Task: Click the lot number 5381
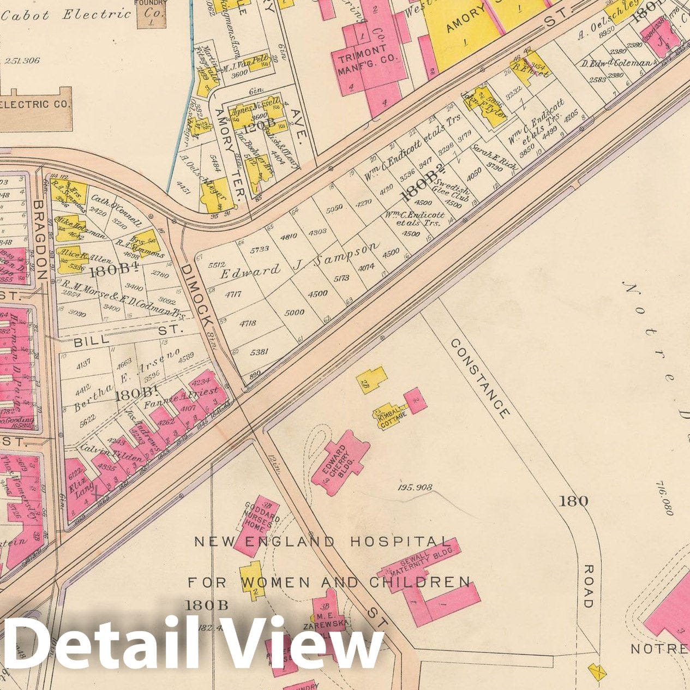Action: [x=259, y=352]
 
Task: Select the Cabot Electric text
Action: [x=65, y=15]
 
